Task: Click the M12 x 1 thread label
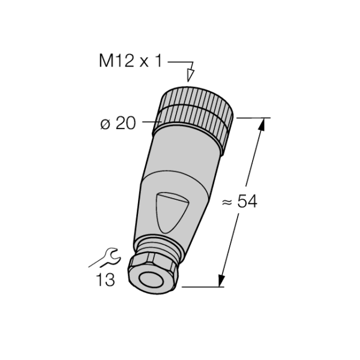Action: point(130,61)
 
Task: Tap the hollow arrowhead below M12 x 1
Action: point(190,75)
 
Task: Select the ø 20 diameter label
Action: point(118,123)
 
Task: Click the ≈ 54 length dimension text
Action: point(239,202)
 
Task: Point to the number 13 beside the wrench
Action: point(105,280)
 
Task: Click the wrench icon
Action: point(104,258)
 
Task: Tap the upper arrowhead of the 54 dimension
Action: point(262,125)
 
